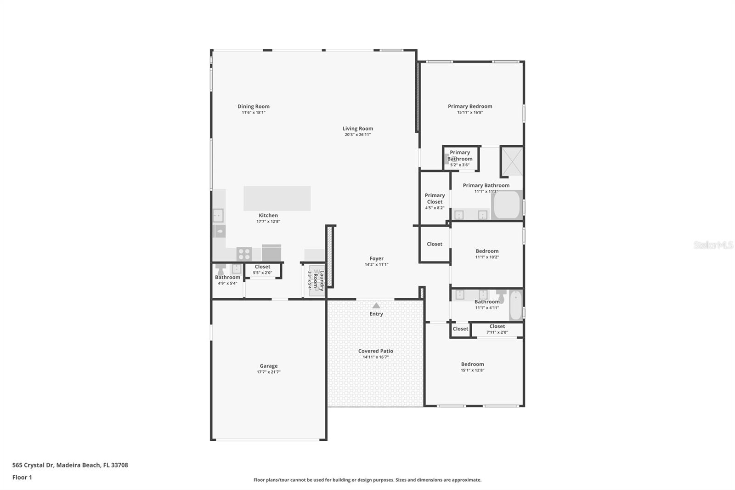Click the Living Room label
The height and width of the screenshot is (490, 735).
(x=357, y=129)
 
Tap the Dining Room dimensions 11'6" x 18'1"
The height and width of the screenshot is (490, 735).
(x=254, y=113)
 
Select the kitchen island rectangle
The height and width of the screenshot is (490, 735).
(x=277, y=198)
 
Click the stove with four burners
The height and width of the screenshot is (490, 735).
(x=244, y=253)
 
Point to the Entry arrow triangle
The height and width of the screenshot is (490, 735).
(x=376, y=306)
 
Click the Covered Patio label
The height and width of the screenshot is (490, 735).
(x=375, y=351)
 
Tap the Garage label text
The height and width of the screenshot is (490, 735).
(x=269, y=366)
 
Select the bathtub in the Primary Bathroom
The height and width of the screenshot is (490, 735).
(x=507, y=205)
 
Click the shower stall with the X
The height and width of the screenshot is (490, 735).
(x=512, y=161)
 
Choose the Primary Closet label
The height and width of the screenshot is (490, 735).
(x=435, y=199)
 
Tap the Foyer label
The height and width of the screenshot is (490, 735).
(x=376, y=259)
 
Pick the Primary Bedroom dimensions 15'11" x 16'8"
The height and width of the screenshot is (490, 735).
(x=470, y=113)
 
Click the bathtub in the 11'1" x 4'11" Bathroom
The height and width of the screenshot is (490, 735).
(x=516, y=305)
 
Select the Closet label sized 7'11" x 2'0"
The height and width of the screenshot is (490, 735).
(x=497, y=326)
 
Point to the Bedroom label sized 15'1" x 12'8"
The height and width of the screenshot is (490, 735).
(x=472, y=364)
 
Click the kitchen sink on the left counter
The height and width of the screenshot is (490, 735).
(x=218, y=215)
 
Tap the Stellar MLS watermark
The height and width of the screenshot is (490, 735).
(x=713, y=245)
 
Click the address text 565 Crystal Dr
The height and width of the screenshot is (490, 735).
(x=33, y=465)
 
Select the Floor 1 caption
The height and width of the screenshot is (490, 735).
(x=22, y=478)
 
